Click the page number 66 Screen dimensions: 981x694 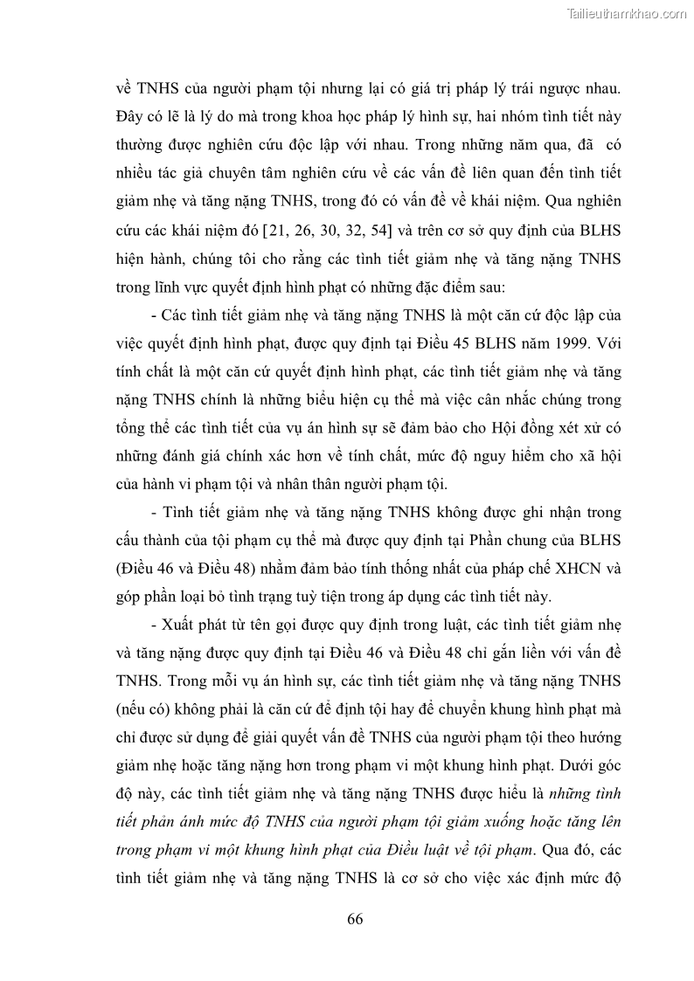coord(354,919)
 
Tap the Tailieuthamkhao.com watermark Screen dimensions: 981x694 coord(627,14)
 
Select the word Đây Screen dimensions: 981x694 coord(131,117)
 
